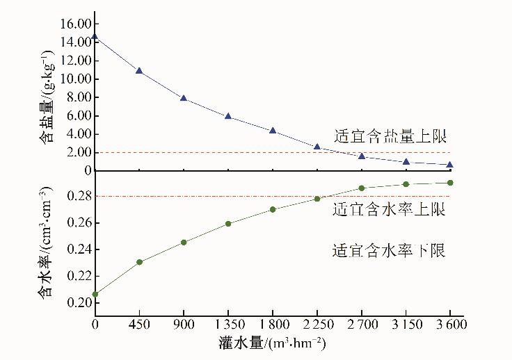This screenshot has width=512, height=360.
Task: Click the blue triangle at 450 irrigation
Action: coord(139,70)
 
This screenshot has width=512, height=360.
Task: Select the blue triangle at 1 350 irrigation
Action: coord(228,116)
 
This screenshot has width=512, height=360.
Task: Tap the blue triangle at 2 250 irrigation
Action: coord(317,147)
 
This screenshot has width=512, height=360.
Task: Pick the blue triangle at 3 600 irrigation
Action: coord(450,165)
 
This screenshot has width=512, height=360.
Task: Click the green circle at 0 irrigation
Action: coord(95,294)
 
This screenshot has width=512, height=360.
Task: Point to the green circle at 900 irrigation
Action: coord(184,243)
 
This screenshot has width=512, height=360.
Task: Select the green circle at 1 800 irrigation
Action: coord(273,209)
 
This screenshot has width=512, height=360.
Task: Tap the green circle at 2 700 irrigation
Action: coord(362,188)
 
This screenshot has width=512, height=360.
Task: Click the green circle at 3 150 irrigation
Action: coord(406,184)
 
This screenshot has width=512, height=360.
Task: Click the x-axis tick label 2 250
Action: coord(317,325)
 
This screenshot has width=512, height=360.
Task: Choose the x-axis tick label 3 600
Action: coord(449,325)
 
